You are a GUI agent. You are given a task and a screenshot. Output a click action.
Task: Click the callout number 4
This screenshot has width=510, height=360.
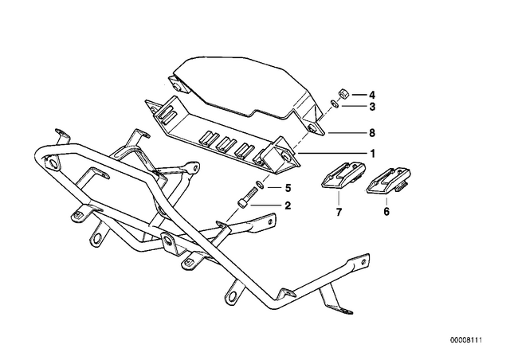point(372,95)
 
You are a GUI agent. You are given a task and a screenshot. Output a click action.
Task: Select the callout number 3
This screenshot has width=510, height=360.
point(372,107)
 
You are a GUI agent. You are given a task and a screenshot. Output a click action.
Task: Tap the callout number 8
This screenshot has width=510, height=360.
point(372,133)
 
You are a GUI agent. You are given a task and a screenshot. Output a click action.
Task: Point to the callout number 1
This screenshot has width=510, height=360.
point(373,153)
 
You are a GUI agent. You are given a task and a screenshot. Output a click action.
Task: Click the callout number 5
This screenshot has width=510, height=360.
point(288,188)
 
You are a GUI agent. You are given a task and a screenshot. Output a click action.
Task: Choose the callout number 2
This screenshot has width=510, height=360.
point(288,205)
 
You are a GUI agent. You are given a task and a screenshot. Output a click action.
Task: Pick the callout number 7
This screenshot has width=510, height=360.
point(339,213)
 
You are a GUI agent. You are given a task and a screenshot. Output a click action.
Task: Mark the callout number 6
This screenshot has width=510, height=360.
point(386,212)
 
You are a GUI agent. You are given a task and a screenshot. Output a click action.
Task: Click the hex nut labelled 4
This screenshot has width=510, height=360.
point(343,94)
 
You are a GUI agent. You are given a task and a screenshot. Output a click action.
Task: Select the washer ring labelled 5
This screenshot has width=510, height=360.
point(260,185)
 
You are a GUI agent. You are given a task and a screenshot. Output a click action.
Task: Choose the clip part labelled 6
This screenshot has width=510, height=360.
point(388,181)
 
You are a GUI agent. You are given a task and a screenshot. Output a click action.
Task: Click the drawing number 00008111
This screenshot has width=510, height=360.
point(465,340)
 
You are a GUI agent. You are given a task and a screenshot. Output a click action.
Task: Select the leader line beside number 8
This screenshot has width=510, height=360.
point(346,133)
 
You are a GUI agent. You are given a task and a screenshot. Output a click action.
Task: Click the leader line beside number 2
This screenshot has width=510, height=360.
point(265,205)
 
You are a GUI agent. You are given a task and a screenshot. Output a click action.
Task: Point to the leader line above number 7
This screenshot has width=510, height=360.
point(339,198)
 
